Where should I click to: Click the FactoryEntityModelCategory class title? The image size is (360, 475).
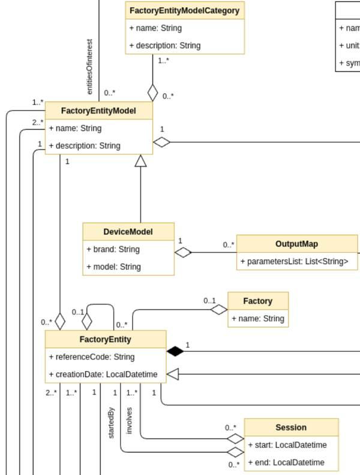coord(185,10)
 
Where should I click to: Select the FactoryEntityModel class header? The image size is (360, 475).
coord(98,110)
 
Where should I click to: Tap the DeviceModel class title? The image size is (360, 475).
coord(128,231)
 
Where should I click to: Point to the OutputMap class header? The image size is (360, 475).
coord(296,244)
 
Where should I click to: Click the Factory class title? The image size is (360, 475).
coord(257,301)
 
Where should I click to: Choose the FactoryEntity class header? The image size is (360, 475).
coord(105,339)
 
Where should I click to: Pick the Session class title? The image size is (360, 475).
coord(291,428)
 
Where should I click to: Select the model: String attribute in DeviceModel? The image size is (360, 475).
coord(113,267)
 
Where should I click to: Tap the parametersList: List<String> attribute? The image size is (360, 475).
coord(294,261)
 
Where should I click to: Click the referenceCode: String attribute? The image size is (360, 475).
coord(92,357)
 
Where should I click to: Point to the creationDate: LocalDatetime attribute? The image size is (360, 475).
coord(103,375)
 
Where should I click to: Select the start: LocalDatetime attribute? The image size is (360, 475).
coord(287,445)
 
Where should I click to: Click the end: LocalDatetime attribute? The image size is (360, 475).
coord(286,462)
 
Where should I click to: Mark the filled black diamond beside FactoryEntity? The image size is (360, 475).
coord(175,351)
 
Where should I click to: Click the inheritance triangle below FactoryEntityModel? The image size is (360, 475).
coord(140,160)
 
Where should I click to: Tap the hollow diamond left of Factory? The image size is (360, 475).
coord(219,310)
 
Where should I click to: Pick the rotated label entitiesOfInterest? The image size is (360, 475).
coord(90,67)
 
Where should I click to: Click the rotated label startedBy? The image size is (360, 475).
coord(112,423)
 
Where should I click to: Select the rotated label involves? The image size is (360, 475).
coord(130,420)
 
